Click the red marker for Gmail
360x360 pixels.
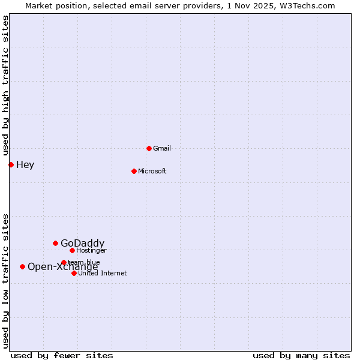pyautogui.click(x=149, y=148)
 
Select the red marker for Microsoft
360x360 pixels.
pyautogui.click(x=134, y=171)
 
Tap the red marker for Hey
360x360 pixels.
pyautogui.click(x=11, y=164)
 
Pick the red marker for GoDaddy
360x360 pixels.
pyautogui.click(x=55, y=243)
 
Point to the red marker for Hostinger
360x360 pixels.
pyautogui.click(x=72, y=250)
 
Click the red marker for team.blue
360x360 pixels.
pyautogui.click(x=64, y=262)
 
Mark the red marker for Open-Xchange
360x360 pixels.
pyautogui.click(x=22, y=266)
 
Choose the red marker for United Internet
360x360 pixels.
pyautogui.click(x=74, y=273)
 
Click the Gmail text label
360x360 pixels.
pyautogui.click(x=162, y=148)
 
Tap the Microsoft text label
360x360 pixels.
pyautogui.click(x=152, y=171)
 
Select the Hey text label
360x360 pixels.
pyautogui.click(x=25, y=164)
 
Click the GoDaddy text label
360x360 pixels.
pyautogui.click(x=82, y=243)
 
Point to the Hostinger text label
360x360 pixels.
pyautogui.click(x=92, y=250)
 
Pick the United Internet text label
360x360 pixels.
pyautogui.click(x=103, y=273)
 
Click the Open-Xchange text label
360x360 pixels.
pyautogui.click(x=62, y=267)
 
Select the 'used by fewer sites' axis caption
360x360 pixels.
pyautogui.click(x=62, y=355)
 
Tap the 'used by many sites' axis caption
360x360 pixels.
pyautogui.click(x=301, y=355)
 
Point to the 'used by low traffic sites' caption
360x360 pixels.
pyautogui.click(x=5, y=281)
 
